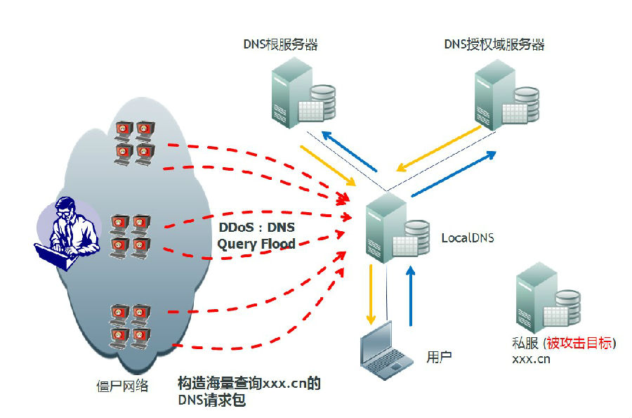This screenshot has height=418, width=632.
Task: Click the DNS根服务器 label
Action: coord(280,44)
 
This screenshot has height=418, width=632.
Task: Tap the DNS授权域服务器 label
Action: coord(494,44)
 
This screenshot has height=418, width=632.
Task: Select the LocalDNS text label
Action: coord(468,238)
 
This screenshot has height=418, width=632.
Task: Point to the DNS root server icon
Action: coord(303,93)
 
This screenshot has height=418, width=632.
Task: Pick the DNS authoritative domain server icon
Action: coord(506,95)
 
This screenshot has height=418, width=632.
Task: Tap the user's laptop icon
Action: coord(386,351)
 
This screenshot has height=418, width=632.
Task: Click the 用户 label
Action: coord(439,357)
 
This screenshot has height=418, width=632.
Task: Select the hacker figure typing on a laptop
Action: coord(67,233)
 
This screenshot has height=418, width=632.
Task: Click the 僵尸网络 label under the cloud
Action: coord(122,386)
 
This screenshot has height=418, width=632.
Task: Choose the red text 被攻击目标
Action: coord(579,343)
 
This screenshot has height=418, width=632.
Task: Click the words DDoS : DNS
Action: coord(257,228)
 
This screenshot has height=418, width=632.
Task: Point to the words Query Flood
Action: coord(256,244)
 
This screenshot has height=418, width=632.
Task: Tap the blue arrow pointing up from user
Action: coord(411,296)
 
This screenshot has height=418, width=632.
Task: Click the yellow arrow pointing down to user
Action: coord(371,294)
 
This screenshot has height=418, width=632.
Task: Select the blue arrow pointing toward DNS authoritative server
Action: coord(454,174)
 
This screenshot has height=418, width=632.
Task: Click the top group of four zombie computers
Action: coord(134,143)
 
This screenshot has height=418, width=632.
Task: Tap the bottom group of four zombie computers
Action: coord(130,327)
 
